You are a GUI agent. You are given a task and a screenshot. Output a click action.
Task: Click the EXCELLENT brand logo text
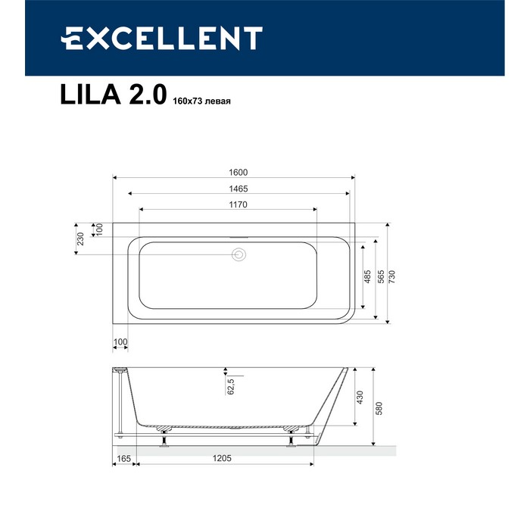coord(161,38)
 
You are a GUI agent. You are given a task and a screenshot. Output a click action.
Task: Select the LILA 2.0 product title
coord(114,95)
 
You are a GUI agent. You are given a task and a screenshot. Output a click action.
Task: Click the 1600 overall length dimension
coord(238,173)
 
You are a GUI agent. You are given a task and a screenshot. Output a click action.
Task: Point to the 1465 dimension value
coord(238,189)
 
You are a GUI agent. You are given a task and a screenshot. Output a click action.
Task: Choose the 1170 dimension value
coord(238,204)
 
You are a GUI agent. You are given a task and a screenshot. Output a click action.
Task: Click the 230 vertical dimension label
coord(80,238)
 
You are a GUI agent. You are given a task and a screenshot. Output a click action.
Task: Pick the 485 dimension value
coord(367,276)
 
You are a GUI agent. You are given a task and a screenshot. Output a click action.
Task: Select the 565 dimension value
coord(381,276)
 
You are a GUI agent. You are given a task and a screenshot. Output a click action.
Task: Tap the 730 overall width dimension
coord(391,276)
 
